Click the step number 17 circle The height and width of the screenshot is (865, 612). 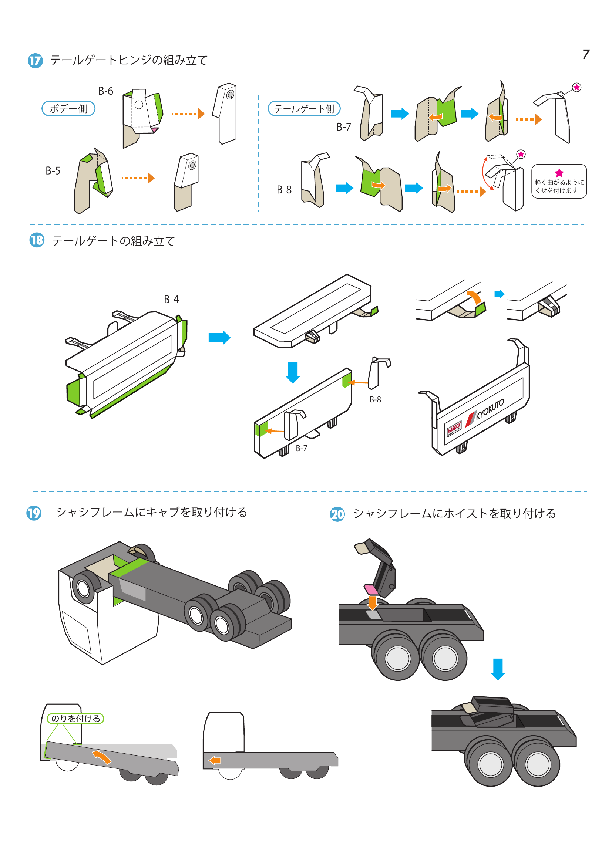coord(35,61)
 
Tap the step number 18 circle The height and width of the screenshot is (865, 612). coord(37,240)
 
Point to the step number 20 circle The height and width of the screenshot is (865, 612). coord(337,514)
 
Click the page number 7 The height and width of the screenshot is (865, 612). coord(586,54)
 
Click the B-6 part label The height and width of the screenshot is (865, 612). coord(105,91)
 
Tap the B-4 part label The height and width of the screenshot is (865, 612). coord(171,300)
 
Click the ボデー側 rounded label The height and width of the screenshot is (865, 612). coord(68,108)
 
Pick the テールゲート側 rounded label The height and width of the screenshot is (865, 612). coord(304,108)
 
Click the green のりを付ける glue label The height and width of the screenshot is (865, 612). coord(75,719)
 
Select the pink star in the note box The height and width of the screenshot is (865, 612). coord(559,173)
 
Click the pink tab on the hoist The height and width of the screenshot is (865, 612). coord(371,589)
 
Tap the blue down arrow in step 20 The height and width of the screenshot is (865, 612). coord(498,669)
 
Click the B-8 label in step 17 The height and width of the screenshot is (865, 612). coord(284,189)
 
